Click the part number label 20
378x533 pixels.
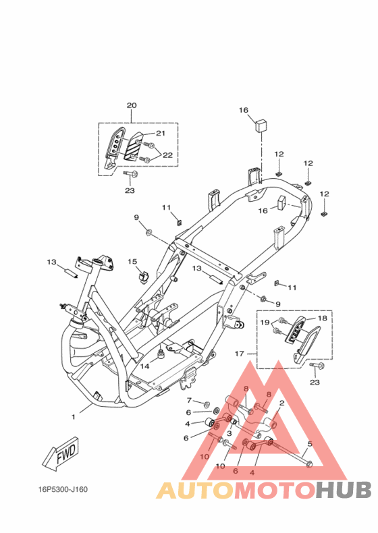point(132,105)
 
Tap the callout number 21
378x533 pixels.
point(161,134)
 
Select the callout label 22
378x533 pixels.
point(167,155)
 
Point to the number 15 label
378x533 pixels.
point(132,261)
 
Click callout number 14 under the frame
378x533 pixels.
point(145,366)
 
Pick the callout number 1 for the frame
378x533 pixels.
point(73,417)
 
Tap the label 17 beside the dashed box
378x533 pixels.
point(239,354)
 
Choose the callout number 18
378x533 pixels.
point(322,318)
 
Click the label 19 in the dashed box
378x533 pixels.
point(265,322)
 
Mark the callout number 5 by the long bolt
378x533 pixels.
point(310,444)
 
